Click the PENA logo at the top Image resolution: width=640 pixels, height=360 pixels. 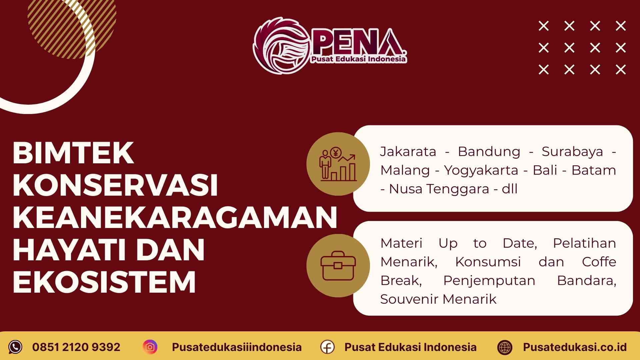click(x=330, y=45)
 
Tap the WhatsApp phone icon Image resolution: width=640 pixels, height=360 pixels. click(x=15, y=347)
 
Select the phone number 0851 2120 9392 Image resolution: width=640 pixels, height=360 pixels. click(x=76, y=347)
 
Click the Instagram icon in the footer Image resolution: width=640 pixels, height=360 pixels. click(x=150, y=347)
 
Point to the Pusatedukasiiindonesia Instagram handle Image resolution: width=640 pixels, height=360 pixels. click(x=237, y=347)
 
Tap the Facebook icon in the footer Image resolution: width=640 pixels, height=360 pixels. click(x=327, y=347)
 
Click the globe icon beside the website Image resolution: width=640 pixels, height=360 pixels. click(x=505, y=347)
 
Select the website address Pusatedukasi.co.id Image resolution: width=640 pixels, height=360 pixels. click(x=575, y=347)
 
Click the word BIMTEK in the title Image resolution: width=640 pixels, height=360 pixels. click(x=73, y=153)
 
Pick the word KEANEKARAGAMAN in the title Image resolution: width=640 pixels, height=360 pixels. click(x=175, y=218)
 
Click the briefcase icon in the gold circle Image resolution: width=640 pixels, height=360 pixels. click(x=338, y=266)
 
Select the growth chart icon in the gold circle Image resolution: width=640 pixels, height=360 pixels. click(x=338, y=164)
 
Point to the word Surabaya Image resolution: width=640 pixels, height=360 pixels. click(x=572, y=152)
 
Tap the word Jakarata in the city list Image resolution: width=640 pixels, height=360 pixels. click(x=408, y=152)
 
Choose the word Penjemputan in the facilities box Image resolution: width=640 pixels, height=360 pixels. click(x=489, y=281)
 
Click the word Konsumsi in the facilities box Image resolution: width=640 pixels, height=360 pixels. click(x=488, y=262)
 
